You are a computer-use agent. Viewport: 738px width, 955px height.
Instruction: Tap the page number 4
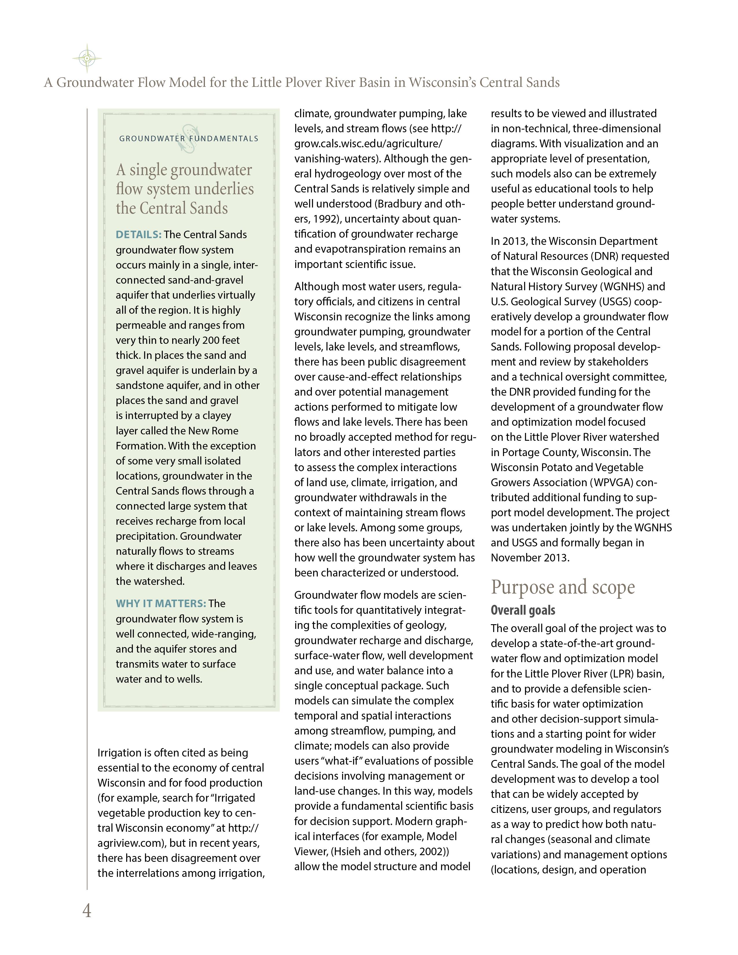pos(87,910)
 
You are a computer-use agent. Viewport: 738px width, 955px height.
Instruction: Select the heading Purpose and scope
pos(563,587)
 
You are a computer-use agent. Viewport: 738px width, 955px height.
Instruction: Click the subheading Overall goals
pos(523,610)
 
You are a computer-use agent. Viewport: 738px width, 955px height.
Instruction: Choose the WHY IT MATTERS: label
pos(160,603)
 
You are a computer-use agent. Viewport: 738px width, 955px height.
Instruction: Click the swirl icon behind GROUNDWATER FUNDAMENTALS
pos(189,139)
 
